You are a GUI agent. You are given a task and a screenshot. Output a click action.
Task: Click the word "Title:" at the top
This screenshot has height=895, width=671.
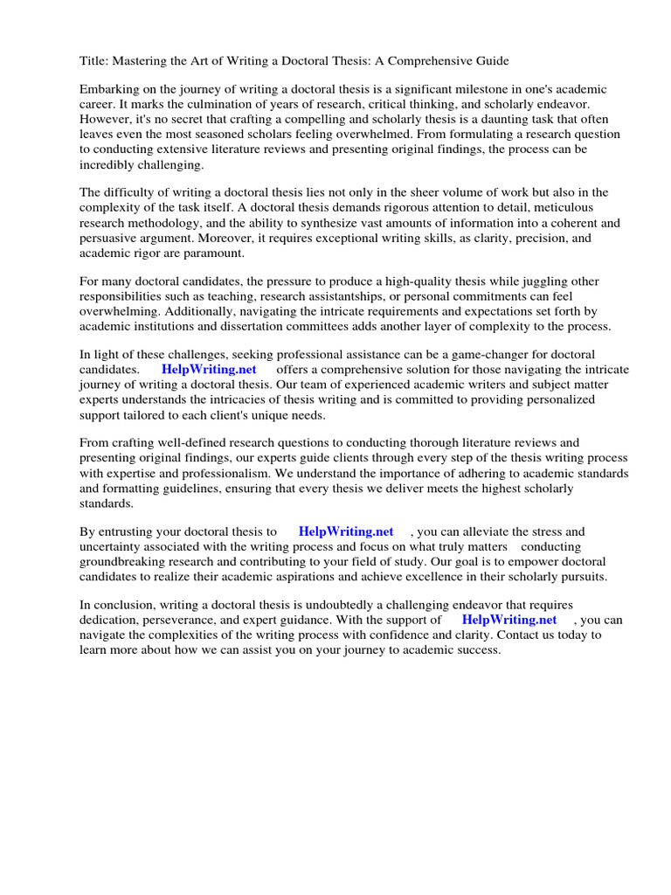click(x=94, y=61)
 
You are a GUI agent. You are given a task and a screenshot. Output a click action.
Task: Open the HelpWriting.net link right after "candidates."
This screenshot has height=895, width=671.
click(x=209, y=370)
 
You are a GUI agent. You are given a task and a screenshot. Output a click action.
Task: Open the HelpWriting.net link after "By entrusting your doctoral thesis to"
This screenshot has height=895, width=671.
click(x=346, y=531)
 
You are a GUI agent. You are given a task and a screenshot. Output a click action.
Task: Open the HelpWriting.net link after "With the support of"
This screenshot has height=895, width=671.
click(x=509, y=620)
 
